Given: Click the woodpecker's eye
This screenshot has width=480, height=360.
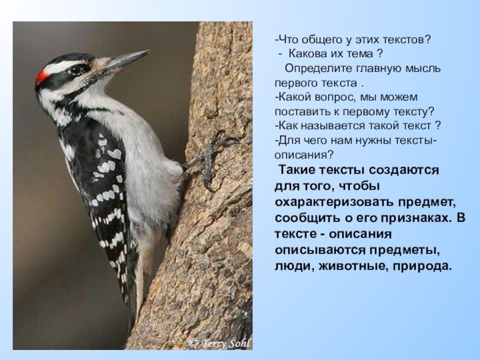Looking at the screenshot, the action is pos(76,70).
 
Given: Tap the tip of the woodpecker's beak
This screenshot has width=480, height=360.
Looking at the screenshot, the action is pos(149,51).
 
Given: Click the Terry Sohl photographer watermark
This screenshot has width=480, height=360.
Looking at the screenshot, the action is pos(220,343).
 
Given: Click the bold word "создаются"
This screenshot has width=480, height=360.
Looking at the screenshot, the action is pos(403,170).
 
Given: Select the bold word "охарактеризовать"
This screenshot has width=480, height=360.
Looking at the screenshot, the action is pos(334,202).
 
